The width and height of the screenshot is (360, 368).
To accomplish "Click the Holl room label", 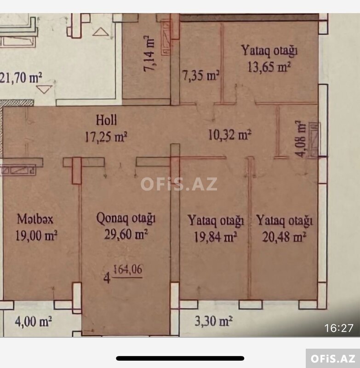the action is coord(107,120).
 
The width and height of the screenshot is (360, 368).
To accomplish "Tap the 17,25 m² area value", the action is coord(106,137).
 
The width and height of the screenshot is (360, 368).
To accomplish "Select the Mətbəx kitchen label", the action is coord(35,219).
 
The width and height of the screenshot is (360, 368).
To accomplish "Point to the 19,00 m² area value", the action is coord(36,236).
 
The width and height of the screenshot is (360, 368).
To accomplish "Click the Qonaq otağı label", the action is coord(126,219).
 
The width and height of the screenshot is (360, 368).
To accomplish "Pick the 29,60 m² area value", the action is coord(126,234).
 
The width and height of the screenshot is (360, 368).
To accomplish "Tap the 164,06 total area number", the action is coord(128,270).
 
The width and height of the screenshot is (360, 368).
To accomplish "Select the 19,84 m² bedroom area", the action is coord(215,237).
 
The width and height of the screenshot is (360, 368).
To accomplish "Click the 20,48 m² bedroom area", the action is coord(284,237).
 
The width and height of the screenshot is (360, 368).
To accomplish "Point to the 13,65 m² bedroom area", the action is coord(269,67).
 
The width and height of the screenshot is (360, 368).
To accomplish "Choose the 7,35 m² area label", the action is coord(201,75).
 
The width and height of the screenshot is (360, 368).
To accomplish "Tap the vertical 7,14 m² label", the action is coord(149,53).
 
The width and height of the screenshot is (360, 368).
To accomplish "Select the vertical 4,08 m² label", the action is coord(300,139).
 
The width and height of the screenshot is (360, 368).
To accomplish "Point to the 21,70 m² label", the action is coord(21,78).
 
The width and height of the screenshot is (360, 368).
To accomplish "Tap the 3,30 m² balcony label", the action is coord(214,321).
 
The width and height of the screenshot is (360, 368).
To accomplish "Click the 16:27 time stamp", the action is coord(339,328).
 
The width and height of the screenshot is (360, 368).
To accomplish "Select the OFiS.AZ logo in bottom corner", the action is coord(333,358).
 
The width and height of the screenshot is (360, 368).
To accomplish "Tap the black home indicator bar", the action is coord(180,358).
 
